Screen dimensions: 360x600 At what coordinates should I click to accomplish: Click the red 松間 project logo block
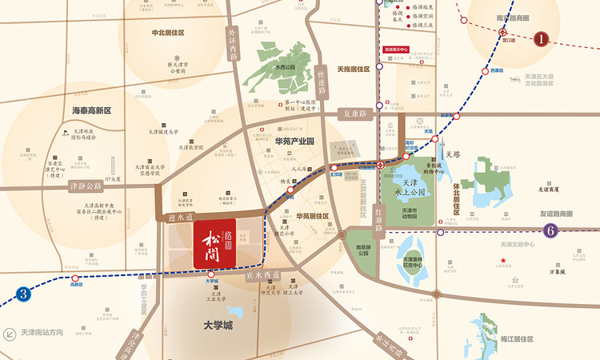(214, 243)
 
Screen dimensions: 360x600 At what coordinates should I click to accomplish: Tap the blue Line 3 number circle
(24, 294)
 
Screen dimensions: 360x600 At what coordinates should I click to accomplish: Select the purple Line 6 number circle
(550, 231)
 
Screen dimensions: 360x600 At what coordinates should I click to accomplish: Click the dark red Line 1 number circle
(541, 38)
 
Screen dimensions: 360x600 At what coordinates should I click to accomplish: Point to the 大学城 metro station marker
(211, 274)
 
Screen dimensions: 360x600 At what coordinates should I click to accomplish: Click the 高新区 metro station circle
(77, 276)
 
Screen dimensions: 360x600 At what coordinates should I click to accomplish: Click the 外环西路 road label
(233, 45)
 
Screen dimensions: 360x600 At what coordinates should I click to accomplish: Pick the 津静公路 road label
(86, 186)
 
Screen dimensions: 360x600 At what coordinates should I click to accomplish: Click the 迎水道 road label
(182, 215)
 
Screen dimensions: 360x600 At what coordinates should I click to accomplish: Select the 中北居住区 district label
(168, 33)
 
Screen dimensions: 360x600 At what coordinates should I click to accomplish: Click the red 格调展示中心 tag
(396, 50)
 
